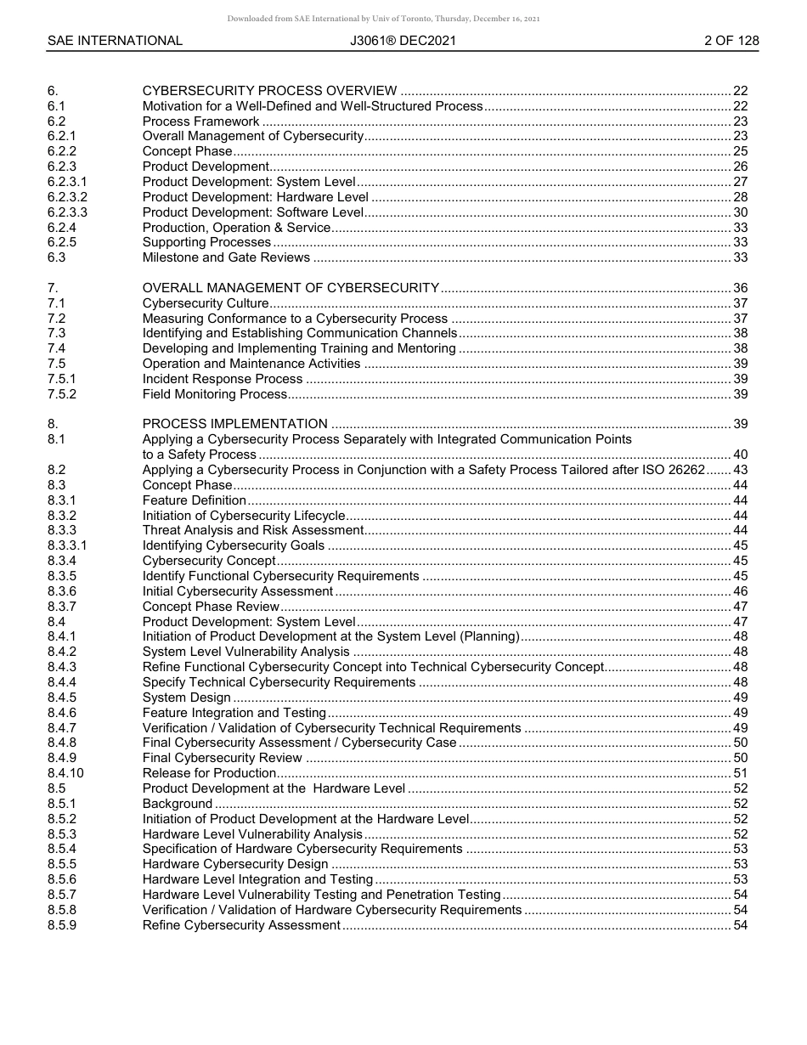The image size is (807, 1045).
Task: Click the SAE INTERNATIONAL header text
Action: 115,41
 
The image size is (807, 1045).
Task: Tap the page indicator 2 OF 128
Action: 731,41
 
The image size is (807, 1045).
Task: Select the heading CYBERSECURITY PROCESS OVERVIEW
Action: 269,91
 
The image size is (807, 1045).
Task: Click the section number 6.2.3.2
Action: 67,197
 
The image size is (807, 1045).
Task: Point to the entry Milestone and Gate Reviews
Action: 226,257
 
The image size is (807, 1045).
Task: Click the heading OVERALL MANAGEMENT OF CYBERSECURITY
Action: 291,288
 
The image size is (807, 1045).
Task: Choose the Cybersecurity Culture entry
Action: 206,303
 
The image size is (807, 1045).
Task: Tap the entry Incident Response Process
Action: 223,379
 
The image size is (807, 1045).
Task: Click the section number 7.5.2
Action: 62,394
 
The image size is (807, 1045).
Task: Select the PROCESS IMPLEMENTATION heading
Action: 234,424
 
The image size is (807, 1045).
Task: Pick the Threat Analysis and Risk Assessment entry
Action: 253,530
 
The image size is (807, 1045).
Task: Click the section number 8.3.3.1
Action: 67,545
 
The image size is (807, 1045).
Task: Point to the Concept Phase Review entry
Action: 211,607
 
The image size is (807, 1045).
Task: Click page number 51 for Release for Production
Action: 740,773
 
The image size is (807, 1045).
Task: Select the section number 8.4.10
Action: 65,773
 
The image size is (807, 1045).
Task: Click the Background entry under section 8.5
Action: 177,804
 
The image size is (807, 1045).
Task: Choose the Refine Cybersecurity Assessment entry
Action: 241,925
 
